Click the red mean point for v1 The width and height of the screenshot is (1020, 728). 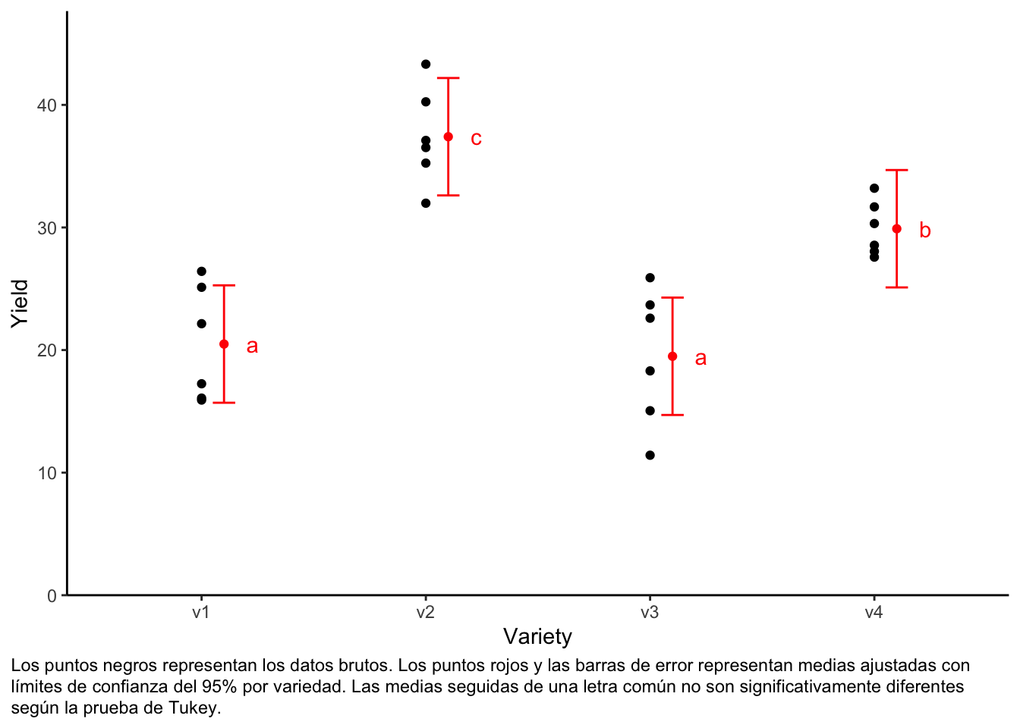224,344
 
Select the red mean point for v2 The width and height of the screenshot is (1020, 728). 449,137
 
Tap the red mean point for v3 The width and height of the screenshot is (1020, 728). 672,356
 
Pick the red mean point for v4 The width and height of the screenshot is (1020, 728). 897,229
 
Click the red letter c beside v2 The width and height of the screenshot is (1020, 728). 476,139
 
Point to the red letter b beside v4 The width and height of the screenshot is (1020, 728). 924,231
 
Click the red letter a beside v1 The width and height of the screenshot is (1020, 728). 252,347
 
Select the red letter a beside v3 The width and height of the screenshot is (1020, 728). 700,359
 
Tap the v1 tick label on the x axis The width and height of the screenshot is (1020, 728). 201,613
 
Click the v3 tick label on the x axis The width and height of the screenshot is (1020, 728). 650,613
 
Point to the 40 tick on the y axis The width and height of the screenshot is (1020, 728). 47,105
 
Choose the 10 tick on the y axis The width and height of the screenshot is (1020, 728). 47,473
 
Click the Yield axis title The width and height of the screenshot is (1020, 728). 20,303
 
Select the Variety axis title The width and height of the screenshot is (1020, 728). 537,637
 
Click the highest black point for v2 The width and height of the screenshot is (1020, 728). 426,64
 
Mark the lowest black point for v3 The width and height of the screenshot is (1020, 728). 650,455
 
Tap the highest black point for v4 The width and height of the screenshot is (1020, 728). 874,188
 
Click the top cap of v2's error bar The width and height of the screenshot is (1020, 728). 449,78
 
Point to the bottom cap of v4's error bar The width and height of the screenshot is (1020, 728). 897,287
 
